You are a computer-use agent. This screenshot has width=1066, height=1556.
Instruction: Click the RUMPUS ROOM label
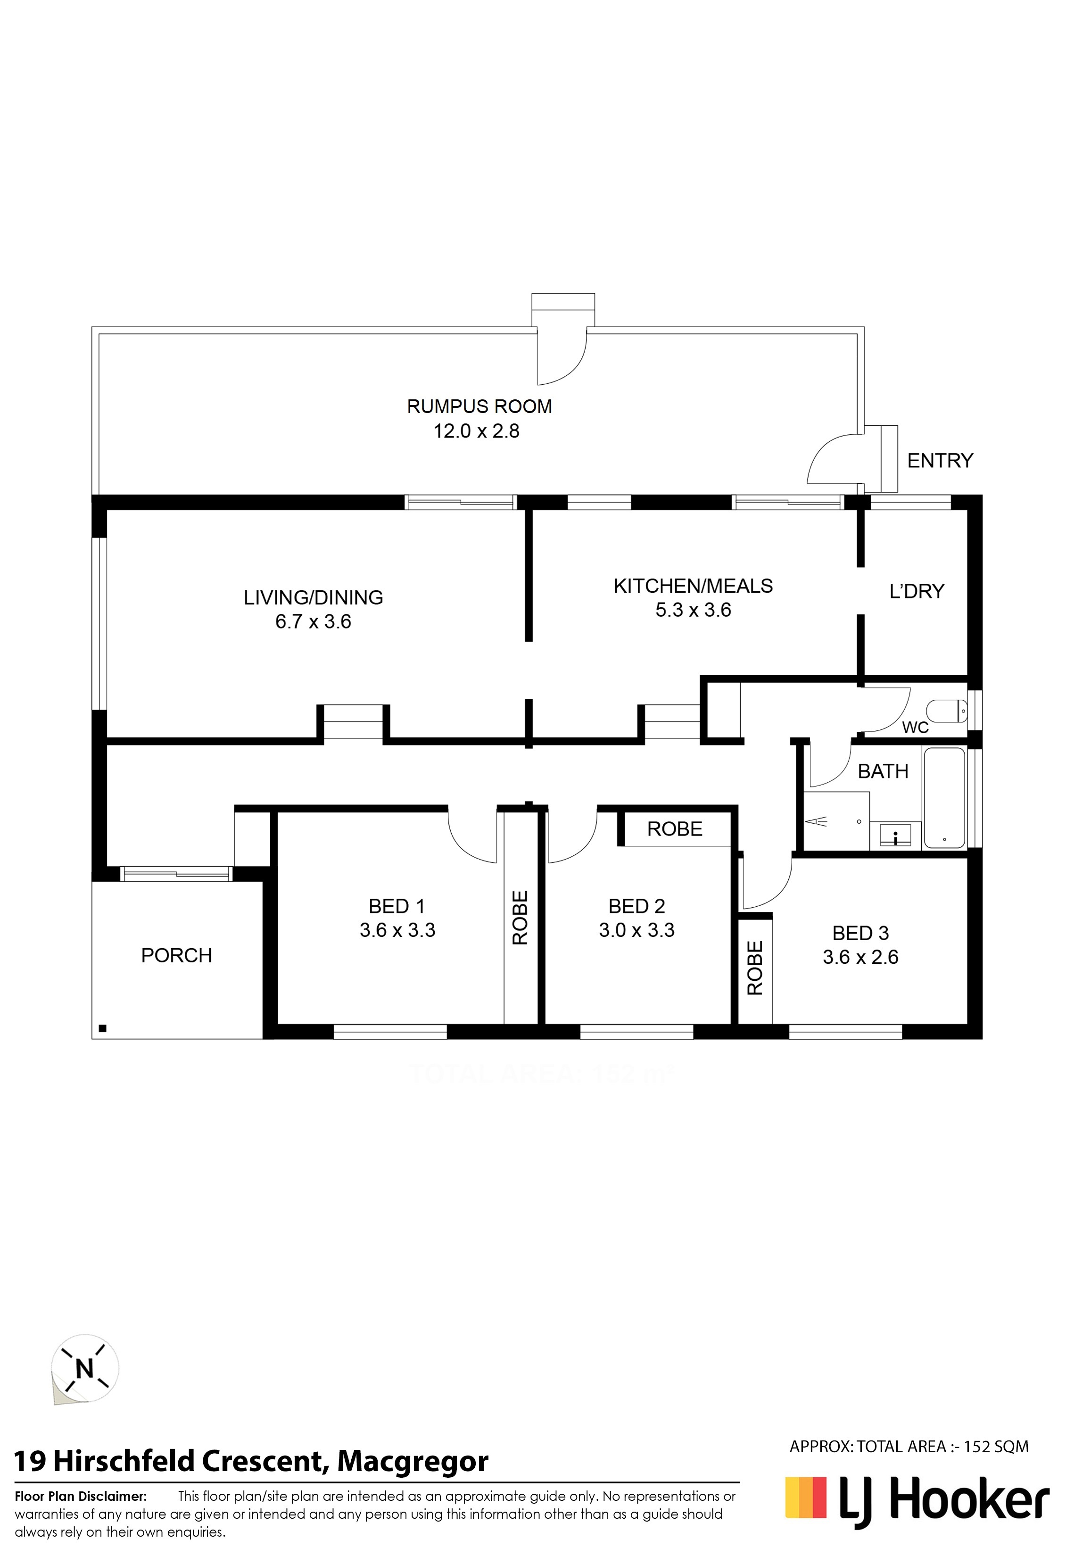pyautogui.click(x=479, y=406)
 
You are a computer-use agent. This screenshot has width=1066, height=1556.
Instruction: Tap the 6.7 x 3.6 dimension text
pyautogui.click(x=314, y=622)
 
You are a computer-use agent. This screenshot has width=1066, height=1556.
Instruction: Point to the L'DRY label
pyautogui.click(x=917, y=591)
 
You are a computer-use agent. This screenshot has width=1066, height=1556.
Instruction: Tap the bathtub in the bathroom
pyautogui.click(x=944, y=799)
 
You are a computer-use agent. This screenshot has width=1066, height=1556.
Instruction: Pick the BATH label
pyautogui.click(x=883, y=771)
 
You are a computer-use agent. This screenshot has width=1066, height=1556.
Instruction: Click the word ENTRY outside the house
pyautogui.click(x=940, y=461)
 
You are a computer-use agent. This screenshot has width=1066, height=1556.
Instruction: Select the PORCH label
pyautogui.click(x=177, y=955)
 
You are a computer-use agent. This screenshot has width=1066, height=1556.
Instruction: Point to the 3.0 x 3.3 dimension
pyautogui.click(x=637, y=930)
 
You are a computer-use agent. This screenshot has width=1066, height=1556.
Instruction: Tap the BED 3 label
pyautogui.click(x=860, y=933)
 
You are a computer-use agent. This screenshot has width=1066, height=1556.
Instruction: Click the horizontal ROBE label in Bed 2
pyautogui.click(x=675, y=829)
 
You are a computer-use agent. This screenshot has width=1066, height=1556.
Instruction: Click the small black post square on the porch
pyautogui.click(x=102, y=1028)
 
